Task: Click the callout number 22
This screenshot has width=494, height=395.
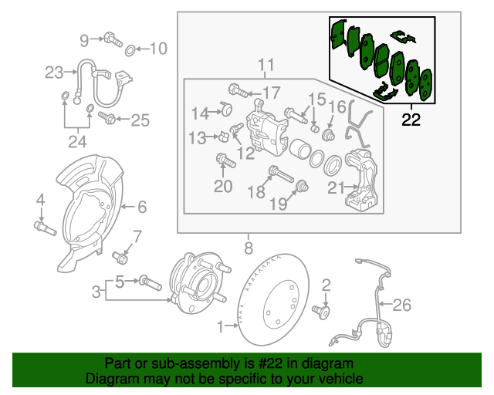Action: [412, 119]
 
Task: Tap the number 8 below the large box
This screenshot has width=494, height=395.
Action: [248, 248]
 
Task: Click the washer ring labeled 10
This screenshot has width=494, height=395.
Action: [131, 50]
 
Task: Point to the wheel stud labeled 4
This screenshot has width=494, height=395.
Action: [42, 228]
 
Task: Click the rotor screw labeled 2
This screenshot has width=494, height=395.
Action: [323, 312]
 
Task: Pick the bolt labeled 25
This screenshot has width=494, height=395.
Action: [107, 119]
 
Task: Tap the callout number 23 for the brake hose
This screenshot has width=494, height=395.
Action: [53, 73]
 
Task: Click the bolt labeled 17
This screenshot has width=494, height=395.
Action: [239, 92]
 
